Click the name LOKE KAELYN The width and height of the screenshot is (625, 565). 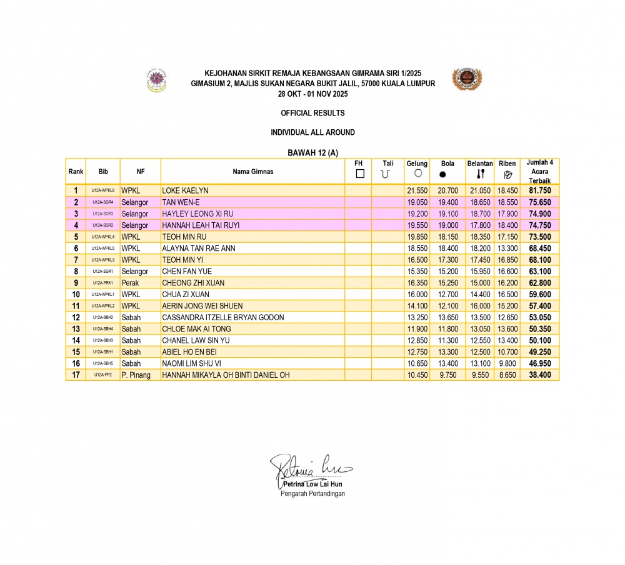pos(185,190)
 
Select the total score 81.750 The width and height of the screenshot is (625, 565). pos(539,190)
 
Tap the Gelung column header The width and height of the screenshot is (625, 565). pos(417,164)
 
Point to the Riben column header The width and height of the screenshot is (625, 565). pos(507,164)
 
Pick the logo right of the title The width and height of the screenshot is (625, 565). pos(467,80)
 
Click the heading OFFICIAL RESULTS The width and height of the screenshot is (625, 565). pos(312,113)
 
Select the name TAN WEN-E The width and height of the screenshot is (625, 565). pos(181,202)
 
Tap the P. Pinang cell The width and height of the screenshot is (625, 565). pos(136,375)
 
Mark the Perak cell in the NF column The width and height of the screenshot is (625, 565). pos(130,283)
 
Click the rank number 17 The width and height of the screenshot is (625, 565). pos(76,375)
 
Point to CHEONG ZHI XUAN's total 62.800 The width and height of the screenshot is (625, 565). pos(539,283)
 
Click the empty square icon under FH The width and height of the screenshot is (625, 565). pos(359,174)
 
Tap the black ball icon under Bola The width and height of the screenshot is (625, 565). pos(442,174)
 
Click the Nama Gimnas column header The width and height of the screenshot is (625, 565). pos(253,171)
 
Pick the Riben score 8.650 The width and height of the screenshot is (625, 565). pos(507,375)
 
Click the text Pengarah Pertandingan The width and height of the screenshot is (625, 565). pos(312,493)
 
